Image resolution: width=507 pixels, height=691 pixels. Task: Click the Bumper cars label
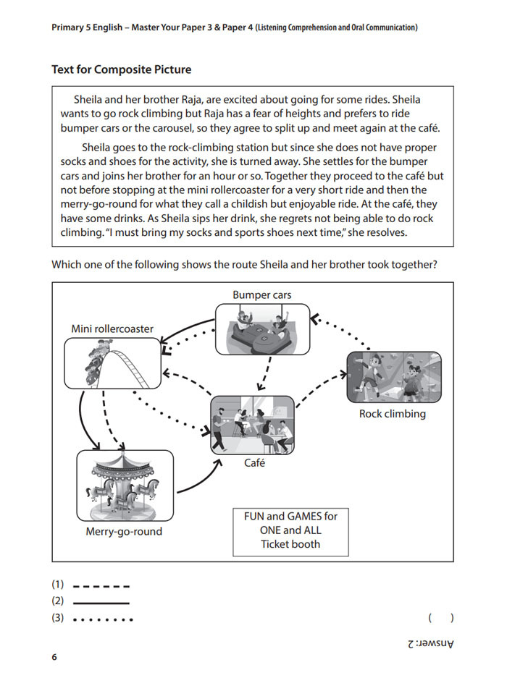262,294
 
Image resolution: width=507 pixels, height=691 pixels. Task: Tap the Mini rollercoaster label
112,328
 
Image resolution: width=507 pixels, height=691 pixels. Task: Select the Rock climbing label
393,414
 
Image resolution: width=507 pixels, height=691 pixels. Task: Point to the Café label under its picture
253,463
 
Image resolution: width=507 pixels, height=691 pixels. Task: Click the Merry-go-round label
124,531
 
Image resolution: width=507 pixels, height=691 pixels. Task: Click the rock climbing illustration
394,377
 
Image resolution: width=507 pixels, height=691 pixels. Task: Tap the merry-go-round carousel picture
125,485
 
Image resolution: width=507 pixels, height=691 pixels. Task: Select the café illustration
253,425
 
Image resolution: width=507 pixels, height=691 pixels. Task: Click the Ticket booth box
290,530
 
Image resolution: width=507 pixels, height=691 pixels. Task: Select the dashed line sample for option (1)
101,585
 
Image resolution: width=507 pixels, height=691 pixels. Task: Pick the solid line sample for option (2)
101,602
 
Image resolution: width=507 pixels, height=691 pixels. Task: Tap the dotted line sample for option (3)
103,619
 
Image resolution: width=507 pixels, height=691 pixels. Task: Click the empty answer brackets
440,619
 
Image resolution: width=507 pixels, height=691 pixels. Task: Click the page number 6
54,657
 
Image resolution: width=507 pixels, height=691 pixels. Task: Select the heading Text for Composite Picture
122,70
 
